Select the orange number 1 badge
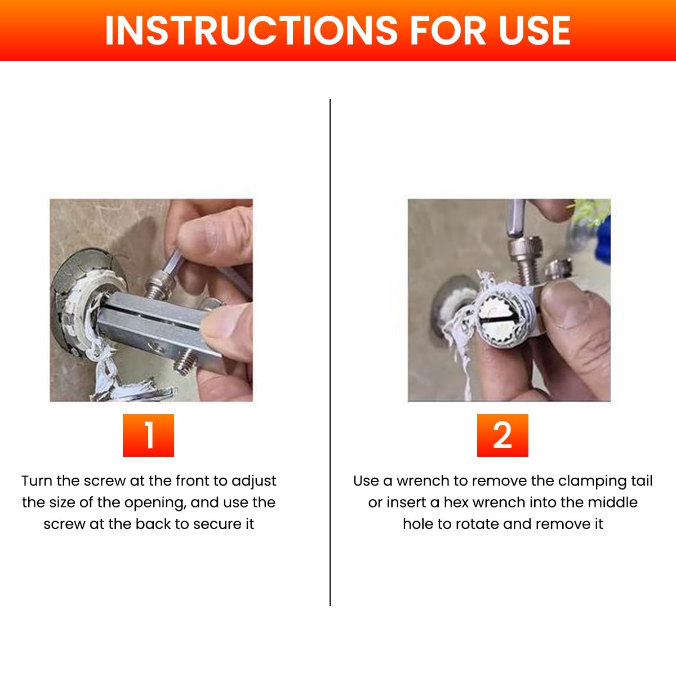point(148,435)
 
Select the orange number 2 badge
point(502,435)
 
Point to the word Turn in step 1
point(37,481)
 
